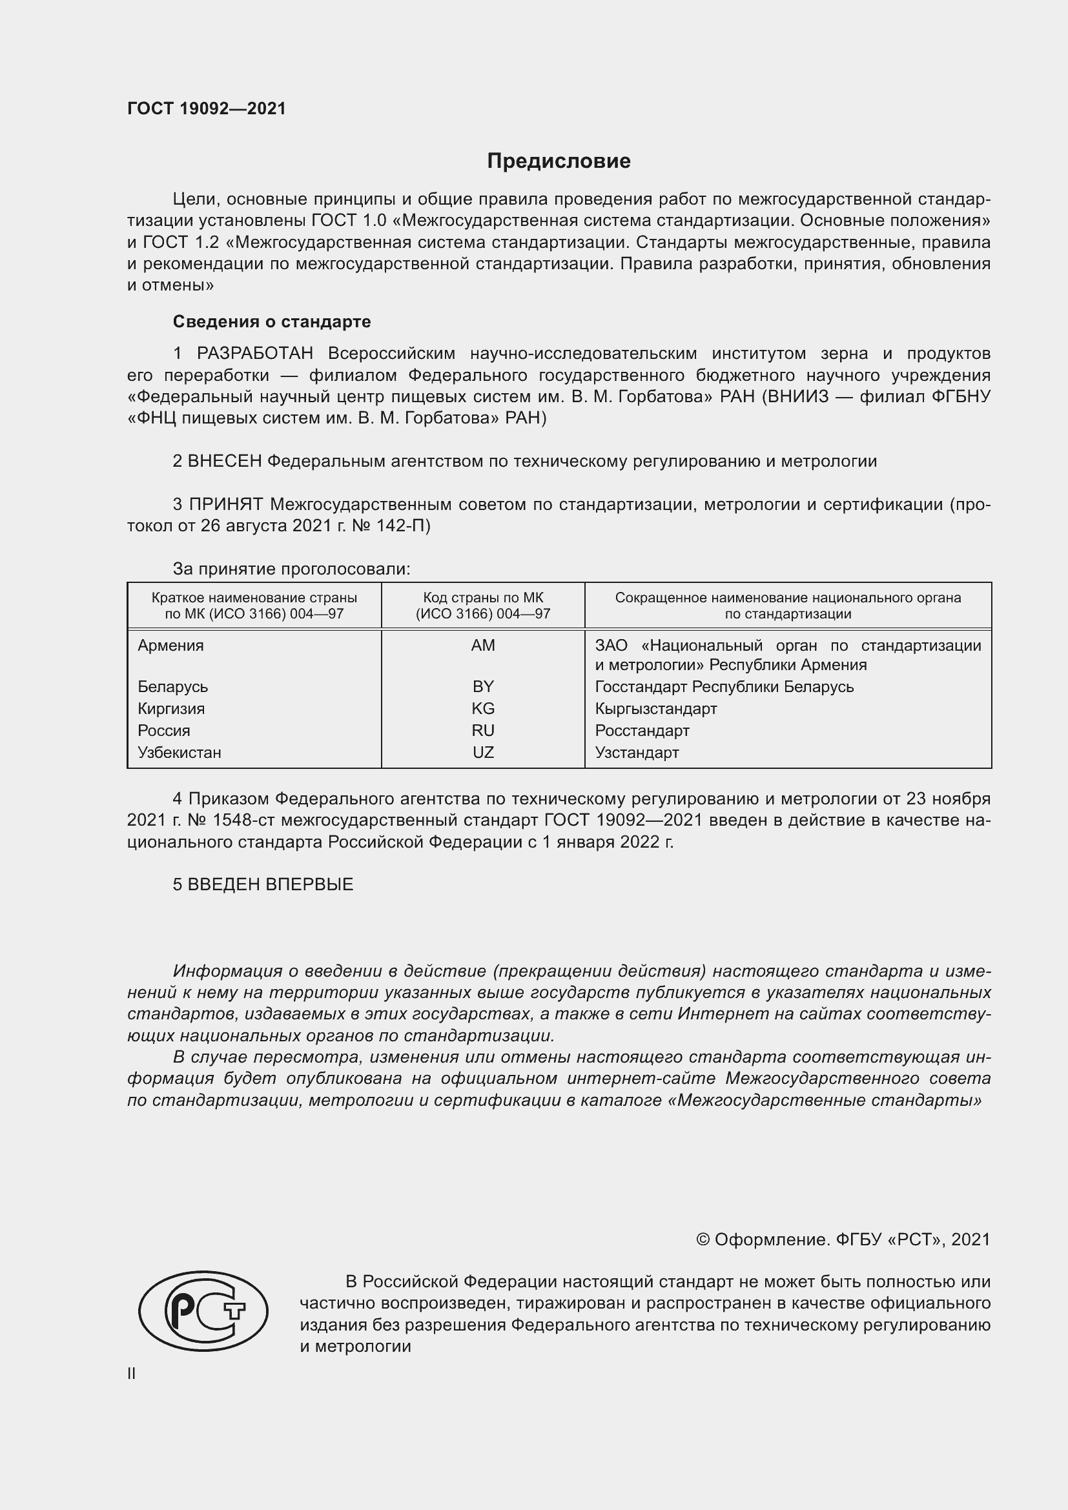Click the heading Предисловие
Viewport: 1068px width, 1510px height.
pos(559,161)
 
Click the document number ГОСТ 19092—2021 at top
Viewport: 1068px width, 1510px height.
pos(207,108)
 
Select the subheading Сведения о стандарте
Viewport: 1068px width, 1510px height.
pos(272,321)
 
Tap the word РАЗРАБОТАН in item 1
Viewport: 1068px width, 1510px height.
pos(255,354)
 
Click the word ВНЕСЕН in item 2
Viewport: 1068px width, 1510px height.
pos(225,461)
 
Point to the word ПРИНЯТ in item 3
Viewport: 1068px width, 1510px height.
pos(226,504)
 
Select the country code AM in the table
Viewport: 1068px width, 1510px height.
pos(483,645)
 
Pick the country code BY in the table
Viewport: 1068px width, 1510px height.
pos(483,687)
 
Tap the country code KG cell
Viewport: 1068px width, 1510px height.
pos(483,708)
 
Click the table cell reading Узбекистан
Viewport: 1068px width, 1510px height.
pos(180,752)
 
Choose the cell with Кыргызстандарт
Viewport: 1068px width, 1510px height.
pos(655,708)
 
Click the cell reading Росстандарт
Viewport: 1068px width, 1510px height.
pos(642,731)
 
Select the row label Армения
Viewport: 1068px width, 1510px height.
pos(171,645)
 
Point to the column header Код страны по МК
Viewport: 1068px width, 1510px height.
pos(483,598)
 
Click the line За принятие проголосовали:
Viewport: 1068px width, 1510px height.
pos(291,569)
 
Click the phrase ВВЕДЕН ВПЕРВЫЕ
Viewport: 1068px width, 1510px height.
pos(271,884)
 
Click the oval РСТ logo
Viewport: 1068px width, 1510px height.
pos(203,1311)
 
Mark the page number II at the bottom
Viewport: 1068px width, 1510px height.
pos(132,1374)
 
